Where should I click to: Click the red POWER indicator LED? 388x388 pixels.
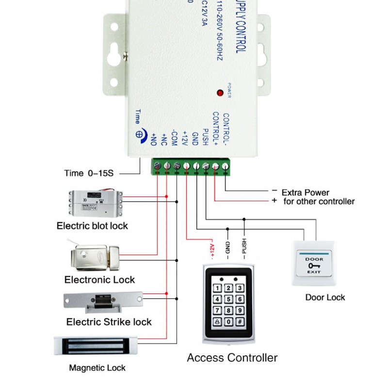pos(220,92)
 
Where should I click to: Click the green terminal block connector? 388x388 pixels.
pos(191,167)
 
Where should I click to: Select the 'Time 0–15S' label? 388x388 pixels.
pos(91,173)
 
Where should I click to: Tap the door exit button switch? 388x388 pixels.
pos(314,262)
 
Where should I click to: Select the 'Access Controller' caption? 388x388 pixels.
pos(232,358)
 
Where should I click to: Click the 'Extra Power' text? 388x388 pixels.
pos(305,193)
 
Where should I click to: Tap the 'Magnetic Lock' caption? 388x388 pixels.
pos(97,368)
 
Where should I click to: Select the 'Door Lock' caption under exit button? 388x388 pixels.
pos(325,297)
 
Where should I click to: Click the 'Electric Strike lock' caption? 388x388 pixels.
pos(109,322)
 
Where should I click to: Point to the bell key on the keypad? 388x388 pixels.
pos(216,322)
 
